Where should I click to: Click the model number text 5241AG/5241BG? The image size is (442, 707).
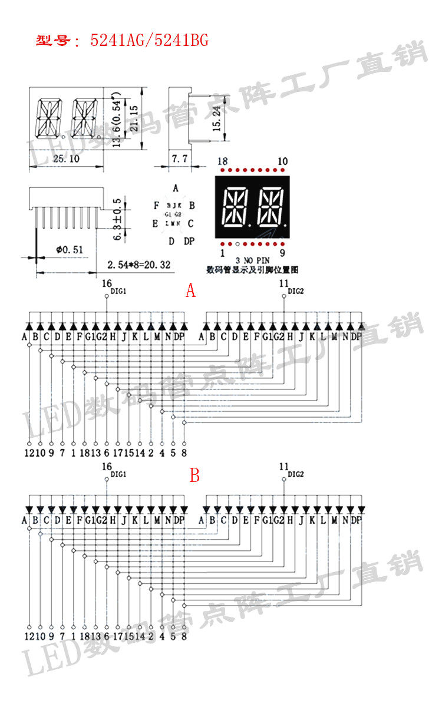[x=149, y=40]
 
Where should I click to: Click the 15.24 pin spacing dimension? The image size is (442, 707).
[x=216, y=119]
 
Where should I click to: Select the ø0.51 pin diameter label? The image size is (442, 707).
[x=70, y=250]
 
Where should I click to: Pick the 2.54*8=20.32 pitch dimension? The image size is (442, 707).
[x=139, y=265]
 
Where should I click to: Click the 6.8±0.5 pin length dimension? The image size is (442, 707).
[x=117, y=218]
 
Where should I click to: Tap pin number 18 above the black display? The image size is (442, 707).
[x=222, y=161]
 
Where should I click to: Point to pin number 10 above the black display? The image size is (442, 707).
[x=282, y=161]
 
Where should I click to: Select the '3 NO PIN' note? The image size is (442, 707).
[x=251, y=260]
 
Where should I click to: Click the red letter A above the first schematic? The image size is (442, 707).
[x=190, y=290]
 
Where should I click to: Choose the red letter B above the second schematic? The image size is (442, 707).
[x=194, y=475]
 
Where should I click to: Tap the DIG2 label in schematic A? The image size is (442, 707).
[x=296, y=291]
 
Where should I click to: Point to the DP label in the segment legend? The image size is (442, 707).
[x=189, y=241]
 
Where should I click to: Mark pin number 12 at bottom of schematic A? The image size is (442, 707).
[x=29, y=452]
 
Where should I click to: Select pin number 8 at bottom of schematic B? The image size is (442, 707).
[x=184, y=636]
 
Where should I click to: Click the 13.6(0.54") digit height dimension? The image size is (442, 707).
[x=117, y=119]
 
